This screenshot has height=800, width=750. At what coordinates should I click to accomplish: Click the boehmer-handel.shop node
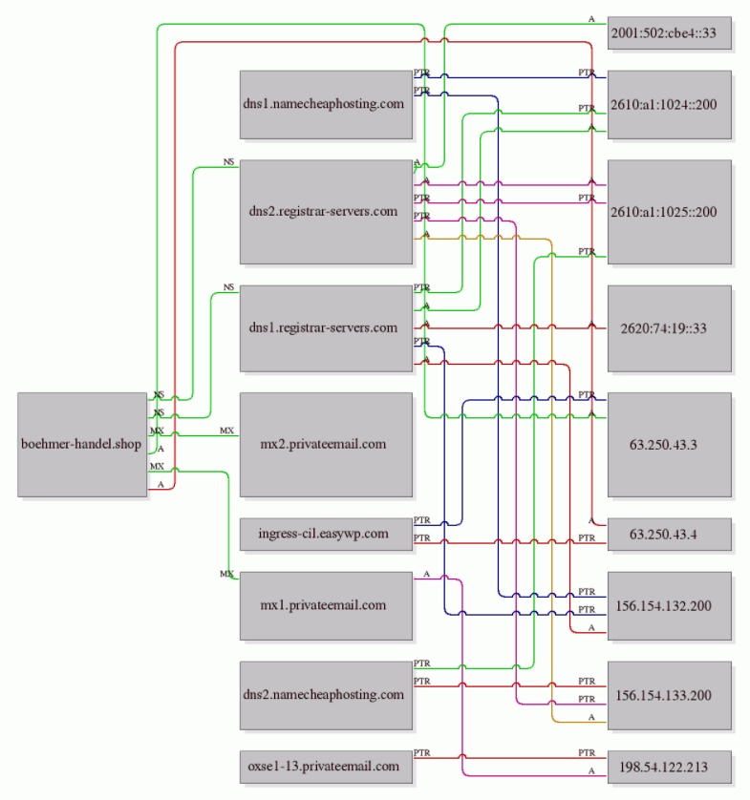(82, 444)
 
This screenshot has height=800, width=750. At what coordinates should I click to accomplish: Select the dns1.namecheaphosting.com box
(326, 105)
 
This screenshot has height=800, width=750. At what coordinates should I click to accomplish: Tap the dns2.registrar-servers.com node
(326, 212)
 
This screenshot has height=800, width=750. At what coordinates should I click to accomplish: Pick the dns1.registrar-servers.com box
(326, 328)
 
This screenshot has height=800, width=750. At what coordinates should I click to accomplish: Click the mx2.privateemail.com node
(326, 444)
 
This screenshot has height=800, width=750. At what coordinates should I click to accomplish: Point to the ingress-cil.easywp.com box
(326, 535)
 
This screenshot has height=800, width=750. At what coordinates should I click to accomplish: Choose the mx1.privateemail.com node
(326, 605)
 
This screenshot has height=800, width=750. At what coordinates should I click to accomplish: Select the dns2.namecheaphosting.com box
(326, 695)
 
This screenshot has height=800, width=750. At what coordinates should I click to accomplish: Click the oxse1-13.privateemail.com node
(326, 767)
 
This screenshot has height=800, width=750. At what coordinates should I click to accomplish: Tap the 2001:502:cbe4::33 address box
(670, 33)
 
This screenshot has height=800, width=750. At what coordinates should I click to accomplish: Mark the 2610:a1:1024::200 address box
(670, 105)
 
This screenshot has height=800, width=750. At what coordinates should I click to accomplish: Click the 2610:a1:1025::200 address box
(670, 212)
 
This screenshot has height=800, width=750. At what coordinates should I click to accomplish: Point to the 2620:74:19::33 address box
(670, 328)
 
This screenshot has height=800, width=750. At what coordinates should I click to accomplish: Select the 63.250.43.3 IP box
(670, 444)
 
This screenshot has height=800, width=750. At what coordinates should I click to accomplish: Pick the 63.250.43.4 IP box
(670, 535)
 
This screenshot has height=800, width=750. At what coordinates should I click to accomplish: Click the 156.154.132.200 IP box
(670, 605)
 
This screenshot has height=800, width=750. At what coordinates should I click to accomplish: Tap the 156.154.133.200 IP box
(670, 695)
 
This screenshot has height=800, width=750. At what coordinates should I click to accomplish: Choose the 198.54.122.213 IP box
(670, 767)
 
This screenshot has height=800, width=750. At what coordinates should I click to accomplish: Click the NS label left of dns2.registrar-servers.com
(228, 161)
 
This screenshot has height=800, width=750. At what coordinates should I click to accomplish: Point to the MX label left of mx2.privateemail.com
(226, 431)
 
